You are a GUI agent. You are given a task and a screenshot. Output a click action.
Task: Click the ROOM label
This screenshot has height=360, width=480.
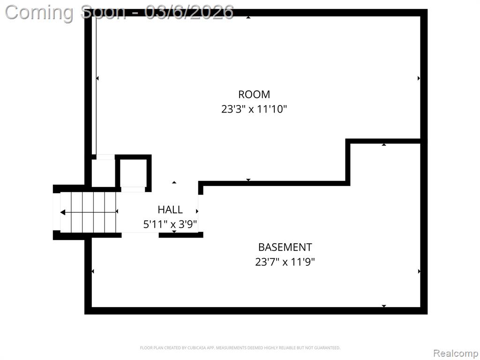click(x=254, y=94)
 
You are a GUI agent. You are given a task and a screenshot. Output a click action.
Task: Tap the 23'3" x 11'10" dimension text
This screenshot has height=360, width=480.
click(x=254, y=109)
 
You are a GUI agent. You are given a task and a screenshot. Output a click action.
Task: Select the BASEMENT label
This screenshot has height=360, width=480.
click(x=285, y=247)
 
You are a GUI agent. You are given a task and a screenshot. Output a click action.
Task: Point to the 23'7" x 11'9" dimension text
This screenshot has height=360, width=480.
click(x=285, y=262)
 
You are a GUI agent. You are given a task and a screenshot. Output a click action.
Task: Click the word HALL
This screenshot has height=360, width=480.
click(x=170, y=210)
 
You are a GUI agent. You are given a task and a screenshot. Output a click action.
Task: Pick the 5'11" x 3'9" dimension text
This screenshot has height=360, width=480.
click(x=170, y=225)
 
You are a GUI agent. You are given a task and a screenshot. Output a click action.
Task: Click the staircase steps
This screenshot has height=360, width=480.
click(x=88, y=212)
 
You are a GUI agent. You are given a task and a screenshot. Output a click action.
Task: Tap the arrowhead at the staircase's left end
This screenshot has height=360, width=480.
click(x=62, y=212)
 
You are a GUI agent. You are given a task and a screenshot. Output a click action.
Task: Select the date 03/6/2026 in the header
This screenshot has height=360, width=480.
click(x=189, y=12)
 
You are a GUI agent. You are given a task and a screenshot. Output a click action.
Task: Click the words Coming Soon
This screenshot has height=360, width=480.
click(x=65, y=13)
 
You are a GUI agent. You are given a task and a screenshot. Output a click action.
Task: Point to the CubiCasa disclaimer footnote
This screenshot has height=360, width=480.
click(x=240, y=348)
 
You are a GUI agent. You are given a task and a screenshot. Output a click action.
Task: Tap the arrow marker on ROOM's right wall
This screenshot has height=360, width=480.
click(x=419, y=78)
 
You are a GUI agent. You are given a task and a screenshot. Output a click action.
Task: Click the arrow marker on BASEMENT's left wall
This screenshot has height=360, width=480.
click(x=93, y=271)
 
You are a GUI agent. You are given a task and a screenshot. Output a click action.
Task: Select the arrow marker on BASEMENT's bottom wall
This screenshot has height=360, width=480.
click(x=384, y=306)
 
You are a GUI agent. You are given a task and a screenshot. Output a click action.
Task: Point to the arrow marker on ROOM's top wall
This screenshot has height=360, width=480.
click(x=248, y=17)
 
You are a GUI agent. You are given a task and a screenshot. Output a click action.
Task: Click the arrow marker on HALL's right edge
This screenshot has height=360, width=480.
click(x=197, y=211)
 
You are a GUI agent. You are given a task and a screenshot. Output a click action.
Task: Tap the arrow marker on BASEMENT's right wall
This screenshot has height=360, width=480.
click(x=419, y=271)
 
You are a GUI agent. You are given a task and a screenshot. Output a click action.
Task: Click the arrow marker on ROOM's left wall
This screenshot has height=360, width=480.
click(x=97, y=78)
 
